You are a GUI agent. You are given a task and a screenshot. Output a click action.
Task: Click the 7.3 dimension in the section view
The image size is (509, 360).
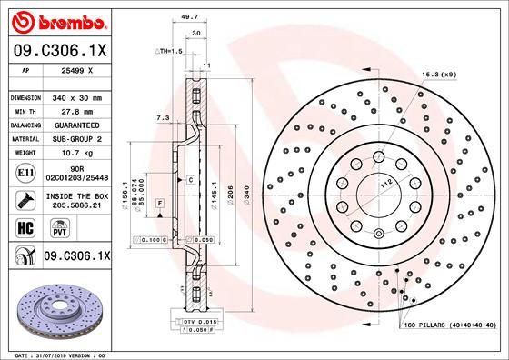163,117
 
